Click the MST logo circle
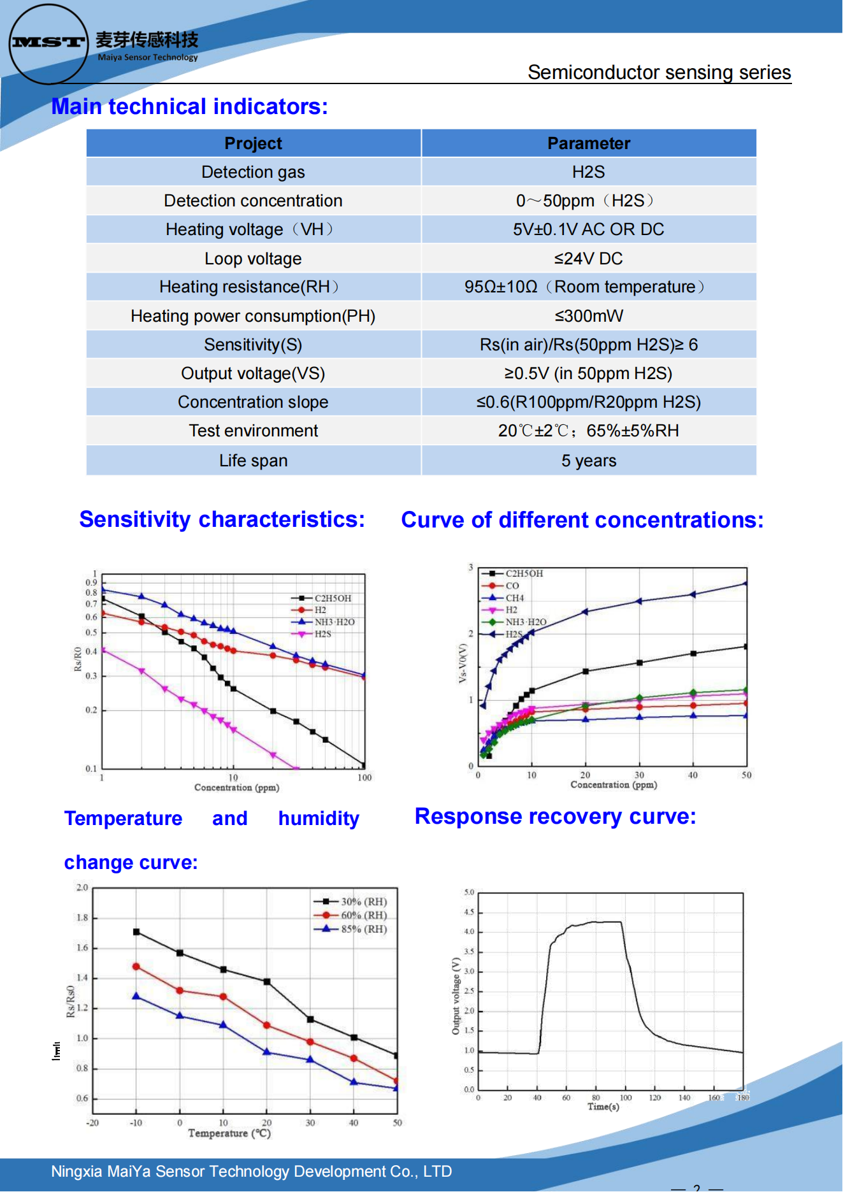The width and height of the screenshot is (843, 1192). [x=48, y=43]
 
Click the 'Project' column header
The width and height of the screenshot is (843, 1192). [x=253, y=143]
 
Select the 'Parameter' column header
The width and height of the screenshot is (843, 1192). [x=588, y=143]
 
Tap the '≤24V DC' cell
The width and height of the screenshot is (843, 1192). [x=588, y=259]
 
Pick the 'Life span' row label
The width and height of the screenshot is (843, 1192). [x=253, y=461]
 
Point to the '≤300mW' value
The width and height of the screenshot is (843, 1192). [x=588, y=316]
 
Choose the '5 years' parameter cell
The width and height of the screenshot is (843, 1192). [x=588, y=461]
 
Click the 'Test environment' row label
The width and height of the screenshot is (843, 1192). [x=253, y=431]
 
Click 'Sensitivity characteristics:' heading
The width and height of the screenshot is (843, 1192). [x=222, y=520]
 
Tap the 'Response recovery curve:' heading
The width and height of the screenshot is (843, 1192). [x=555, y=817]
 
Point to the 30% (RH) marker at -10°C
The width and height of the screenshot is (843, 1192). [x=136, y=932]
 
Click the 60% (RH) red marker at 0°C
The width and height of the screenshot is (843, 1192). [x=180, y=991]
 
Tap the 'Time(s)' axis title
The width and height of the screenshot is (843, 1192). [x=603, y=1107]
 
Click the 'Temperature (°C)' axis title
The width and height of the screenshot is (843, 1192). [x=229, y=1133]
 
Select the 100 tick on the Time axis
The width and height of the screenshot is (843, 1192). [x=626, y=1098]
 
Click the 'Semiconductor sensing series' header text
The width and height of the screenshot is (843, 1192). [x=659, y=73]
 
